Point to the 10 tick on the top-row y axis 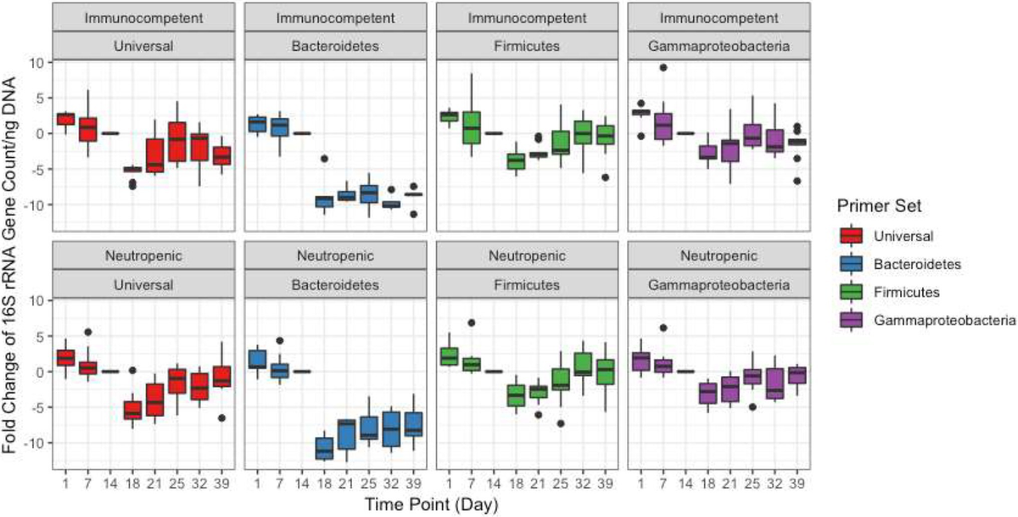40,62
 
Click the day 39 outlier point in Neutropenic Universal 221,418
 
